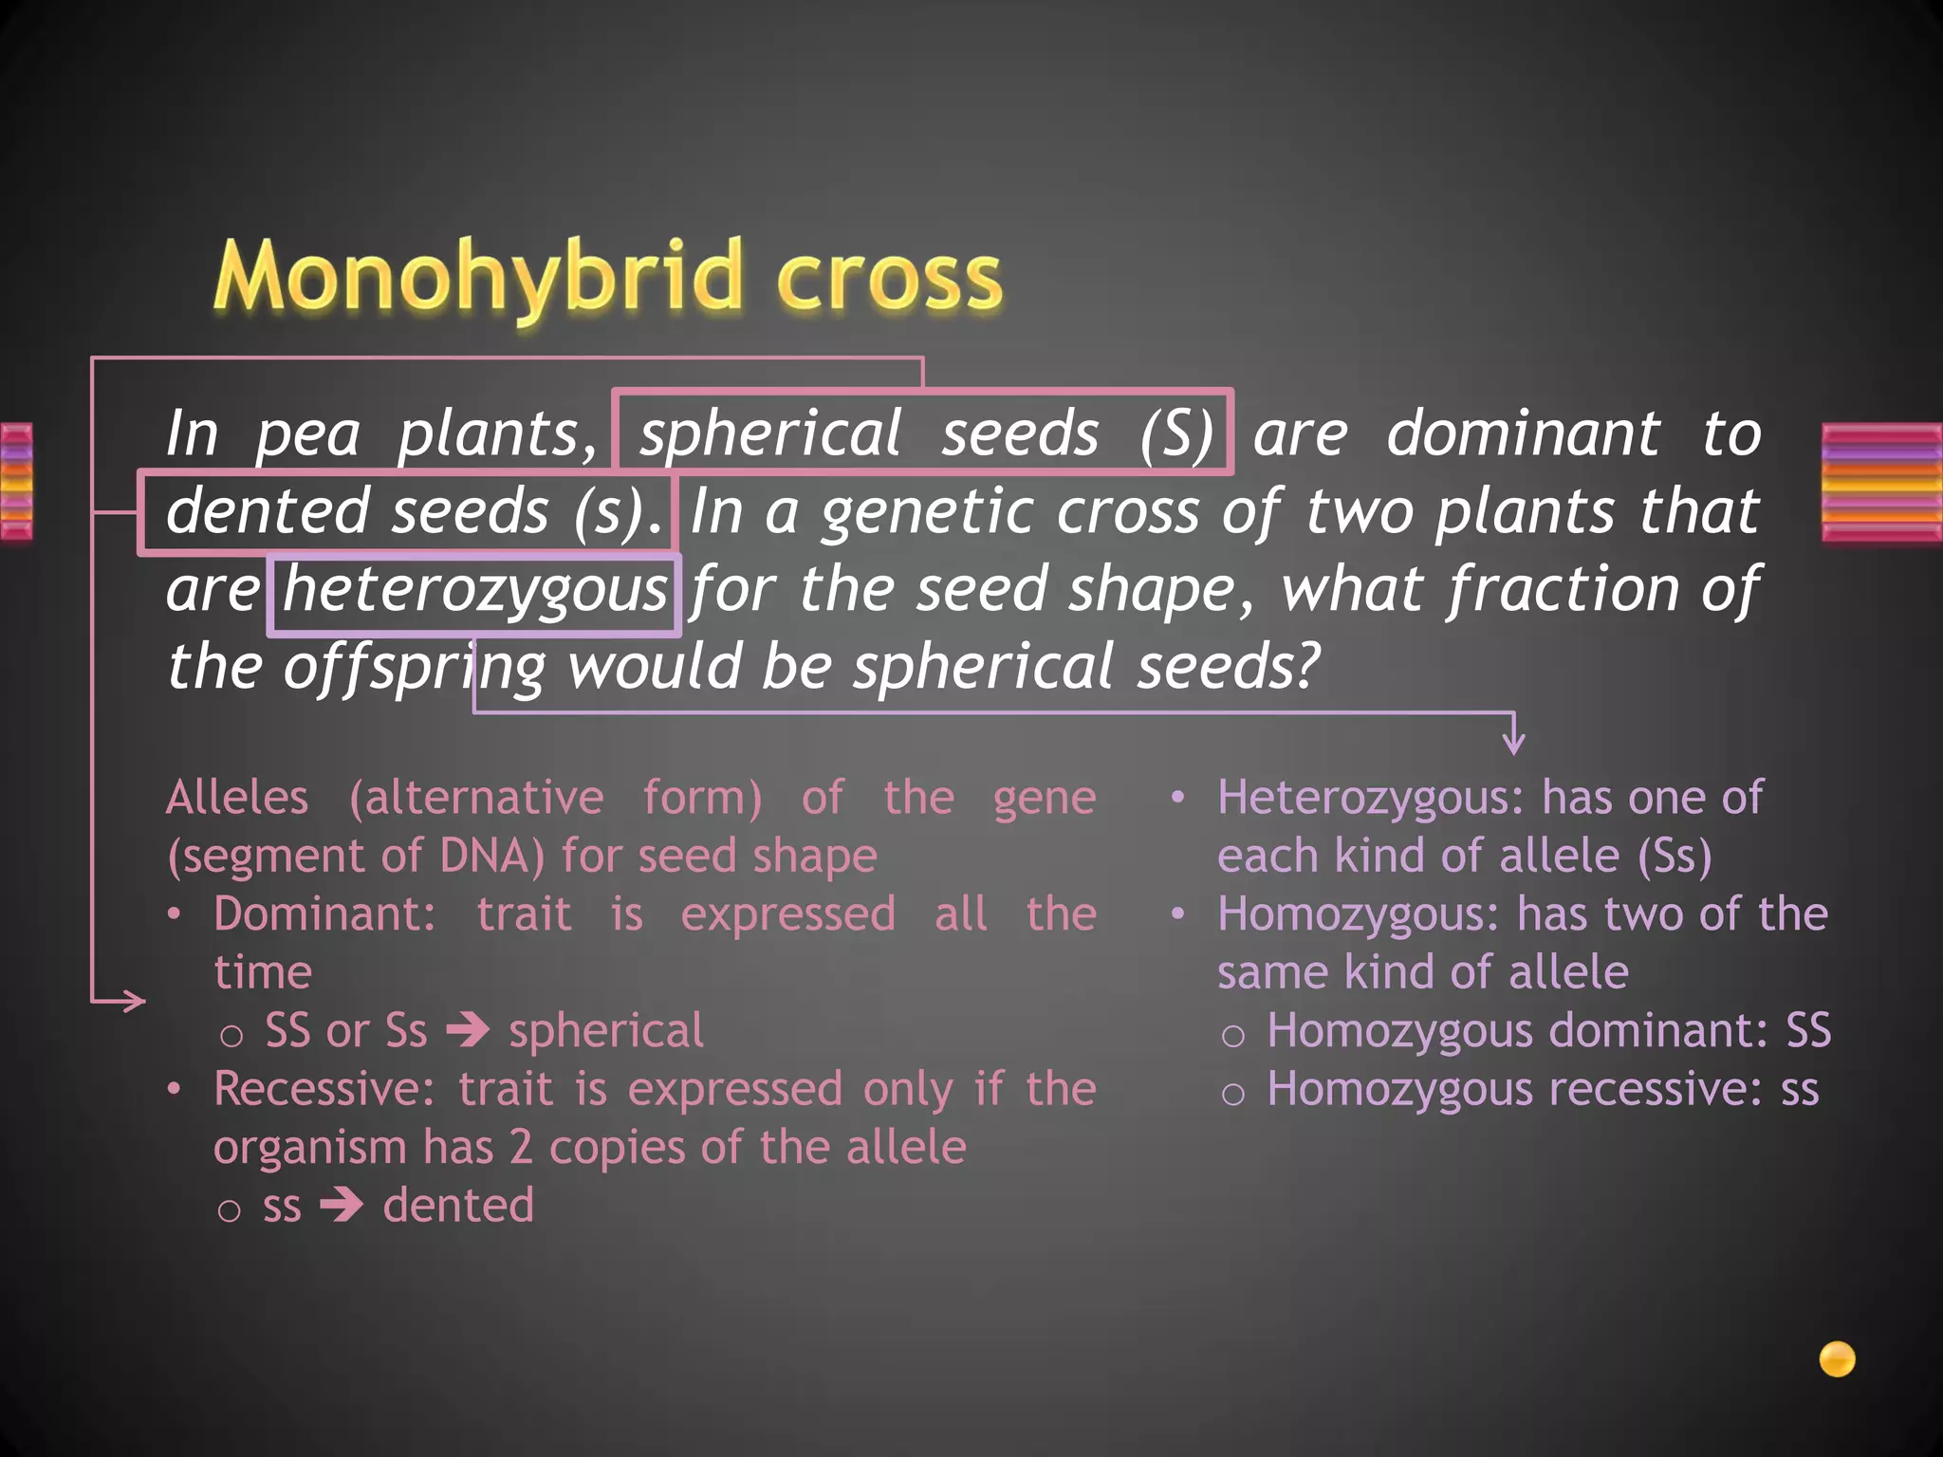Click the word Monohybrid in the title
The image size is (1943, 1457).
479,277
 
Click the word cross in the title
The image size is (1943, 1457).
889,279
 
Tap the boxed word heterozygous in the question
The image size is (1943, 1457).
474,590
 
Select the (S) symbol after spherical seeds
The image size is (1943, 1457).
1176,434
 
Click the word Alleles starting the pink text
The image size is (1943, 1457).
237,797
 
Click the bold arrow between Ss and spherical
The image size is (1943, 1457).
469,1030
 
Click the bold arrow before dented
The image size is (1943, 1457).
342,1206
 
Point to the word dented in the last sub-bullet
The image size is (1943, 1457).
458,1206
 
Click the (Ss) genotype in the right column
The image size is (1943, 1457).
1675,856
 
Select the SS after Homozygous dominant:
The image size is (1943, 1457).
1808,1031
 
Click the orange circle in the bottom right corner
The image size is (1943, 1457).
1837,1358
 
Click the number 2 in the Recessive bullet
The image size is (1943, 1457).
520,1148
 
